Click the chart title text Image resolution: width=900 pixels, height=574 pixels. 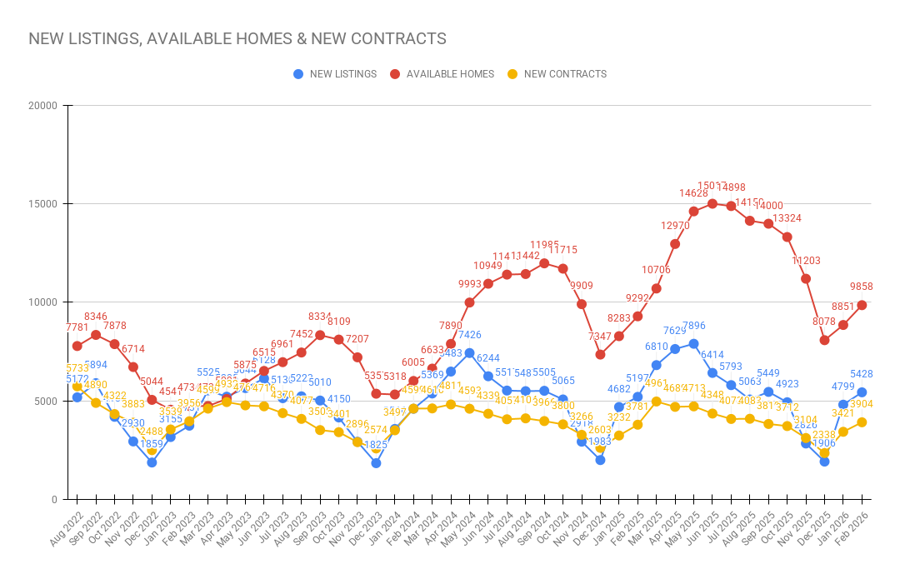pyautogui.click(x=237, y=39)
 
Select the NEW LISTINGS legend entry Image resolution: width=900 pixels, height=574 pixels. pyautogui.click(x=335, y=74)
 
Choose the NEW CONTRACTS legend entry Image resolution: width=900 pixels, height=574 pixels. pyautogui.click(x=557, y=74)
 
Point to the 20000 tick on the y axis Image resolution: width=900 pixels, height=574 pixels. pyautogui.click(x=42, y=106)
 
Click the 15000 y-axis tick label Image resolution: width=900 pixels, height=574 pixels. pyautogui.click(x=42, y=204)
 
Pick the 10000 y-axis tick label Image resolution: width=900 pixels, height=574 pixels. pyautogui.click(x=42, y=302)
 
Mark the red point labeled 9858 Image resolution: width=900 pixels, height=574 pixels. pyautogui.click(x=862, y=305)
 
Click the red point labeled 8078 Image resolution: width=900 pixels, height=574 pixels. pyautogui.click(x=824, y=340)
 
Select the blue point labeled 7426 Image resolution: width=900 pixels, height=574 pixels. pyautogui.click(x=470, y=353)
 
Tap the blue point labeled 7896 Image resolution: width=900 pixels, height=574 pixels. pyautogui.click(x=693, y=344)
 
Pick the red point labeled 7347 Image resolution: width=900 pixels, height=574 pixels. pyautogui.click(x=600, y=354)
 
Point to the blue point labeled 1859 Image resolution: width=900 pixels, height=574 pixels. pyautogui.click(x=152, y=462)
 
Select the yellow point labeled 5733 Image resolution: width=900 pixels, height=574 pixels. pyautogui.click(x=77, y=387)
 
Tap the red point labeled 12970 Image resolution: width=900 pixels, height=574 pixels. pyautogui.click(x=675, y=244)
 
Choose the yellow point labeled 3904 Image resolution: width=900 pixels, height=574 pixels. pyautogui.click(x=862, y=422)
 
